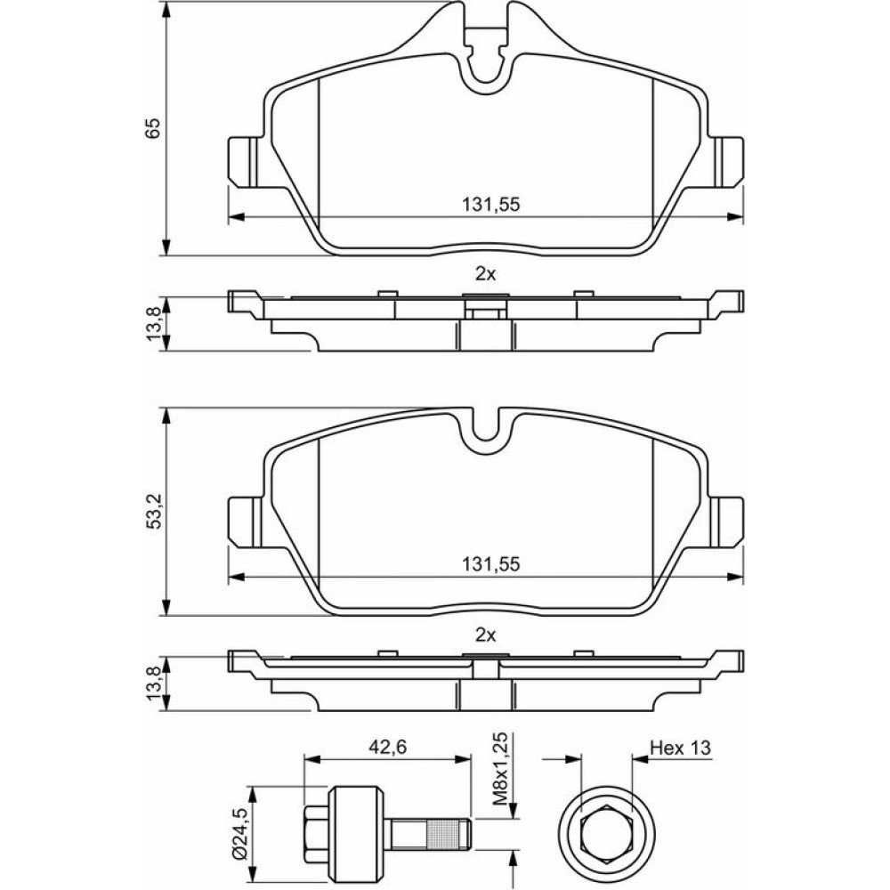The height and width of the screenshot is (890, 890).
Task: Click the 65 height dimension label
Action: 153,128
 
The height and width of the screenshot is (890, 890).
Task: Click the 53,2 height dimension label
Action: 154,512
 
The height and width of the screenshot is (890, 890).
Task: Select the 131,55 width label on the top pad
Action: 491,205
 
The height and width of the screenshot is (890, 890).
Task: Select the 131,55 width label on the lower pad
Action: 491,564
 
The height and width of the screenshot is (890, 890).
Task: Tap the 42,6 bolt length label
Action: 388,748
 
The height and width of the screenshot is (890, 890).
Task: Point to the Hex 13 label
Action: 680,748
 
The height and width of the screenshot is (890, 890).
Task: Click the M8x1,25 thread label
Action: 499,769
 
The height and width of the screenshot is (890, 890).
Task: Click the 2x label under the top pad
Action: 486,275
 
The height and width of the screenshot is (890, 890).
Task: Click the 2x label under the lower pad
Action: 486,635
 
